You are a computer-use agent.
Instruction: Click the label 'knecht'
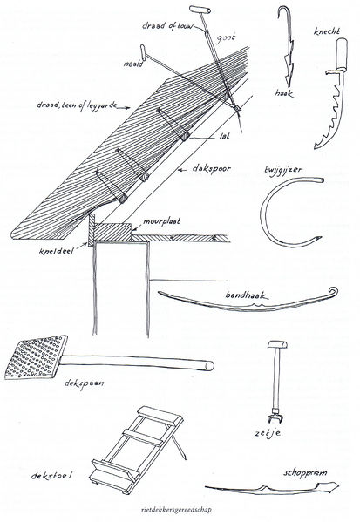[327, 31]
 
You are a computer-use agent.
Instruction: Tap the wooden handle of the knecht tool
[341, 54]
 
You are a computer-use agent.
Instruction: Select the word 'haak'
[285, 93]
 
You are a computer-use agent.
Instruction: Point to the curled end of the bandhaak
[333, 292]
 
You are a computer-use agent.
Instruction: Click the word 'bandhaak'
[247, 295]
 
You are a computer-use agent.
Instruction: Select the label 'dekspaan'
[85, 383]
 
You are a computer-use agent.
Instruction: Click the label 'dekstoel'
[51, 475]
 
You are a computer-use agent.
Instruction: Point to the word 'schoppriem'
[305, 473]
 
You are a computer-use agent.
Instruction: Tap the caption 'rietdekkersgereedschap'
[176, 510]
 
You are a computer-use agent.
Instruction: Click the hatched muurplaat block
[112, 232]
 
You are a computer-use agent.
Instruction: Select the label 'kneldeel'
[56, 250]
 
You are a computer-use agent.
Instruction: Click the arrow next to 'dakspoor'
[183, 170]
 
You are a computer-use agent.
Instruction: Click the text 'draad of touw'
[167, 26]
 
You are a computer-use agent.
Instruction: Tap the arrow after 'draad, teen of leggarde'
[125, 107]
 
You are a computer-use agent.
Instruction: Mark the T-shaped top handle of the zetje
[277, 344]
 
